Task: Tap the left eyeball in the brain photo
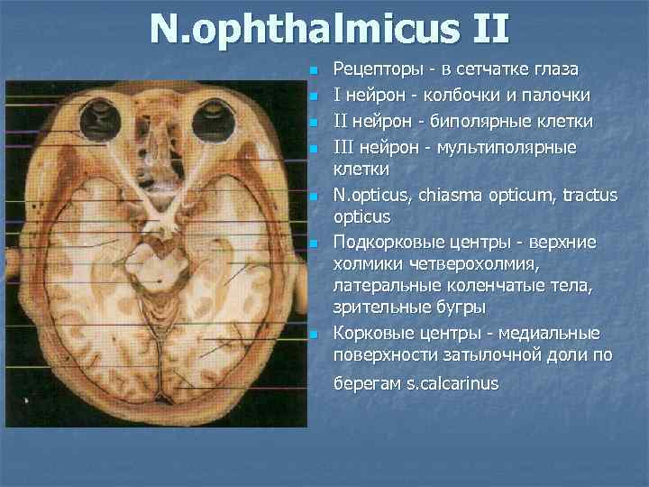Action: click(x=101, y=121)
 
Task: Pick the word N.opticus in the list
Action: click(x=370, y=194)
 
